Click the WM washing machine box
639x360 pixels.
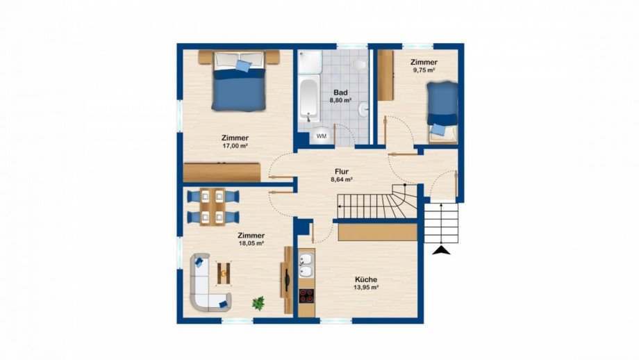tap(322, 136)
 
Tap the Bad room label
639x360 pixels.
tap(340, 92)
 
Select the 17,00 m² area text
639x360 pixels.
tap(235, 145)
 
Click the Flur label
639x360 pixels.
tap(342, 172)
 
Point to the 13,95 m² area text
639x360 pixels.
tap(366, 287)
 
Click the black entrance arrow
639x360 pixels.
tap(441, 250)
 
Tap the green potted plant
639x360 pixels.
tap(258, 303)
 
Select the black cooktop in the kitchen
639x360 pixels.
tap(307, 295)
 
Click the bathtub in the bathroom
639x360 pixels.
tap(309, 98)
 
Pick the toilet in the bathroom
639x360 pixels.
tap(359, 64)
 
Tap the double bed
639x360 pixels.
tap(239, 81)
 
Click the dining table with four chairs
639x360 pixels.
tap(213, 206)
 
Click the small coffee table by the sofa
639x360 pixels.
tap(224, 273)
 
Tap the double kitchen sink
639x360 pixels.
tap(306, 265)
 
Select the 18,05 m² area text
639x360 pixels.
tap(251, 243)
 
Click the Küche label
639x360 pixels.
tap(366, 279)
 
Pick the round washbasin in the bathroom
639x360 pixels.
tap(363, 109)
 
